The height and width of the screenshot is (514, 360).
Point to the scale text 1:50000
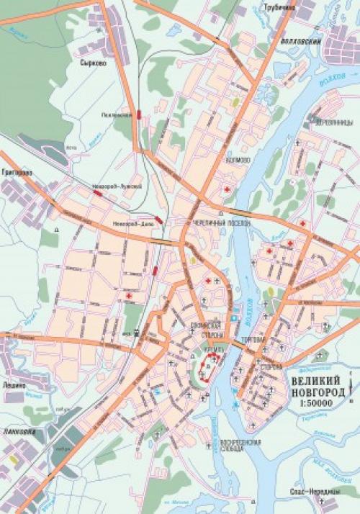click(x=318, y=405)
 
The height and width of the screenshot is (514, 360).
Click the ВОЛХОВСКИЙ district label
click(x=301, y=42)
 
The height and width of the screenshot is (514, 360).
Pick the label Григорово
click(x=16, y=173)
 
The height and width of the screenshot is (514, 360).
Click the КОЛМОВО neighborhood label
click(x=237, y=160)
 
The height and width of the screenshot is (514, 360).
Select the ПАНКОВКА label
click(x=15, y=433)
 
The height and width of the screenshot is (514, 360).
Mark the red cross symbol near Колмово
click(x=229, y=189)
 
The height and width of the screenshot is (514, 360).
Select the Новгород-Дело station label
click(x=130, y=225)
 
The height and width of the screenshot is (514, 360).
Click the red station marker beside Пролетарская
click(x=138, y=114)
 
